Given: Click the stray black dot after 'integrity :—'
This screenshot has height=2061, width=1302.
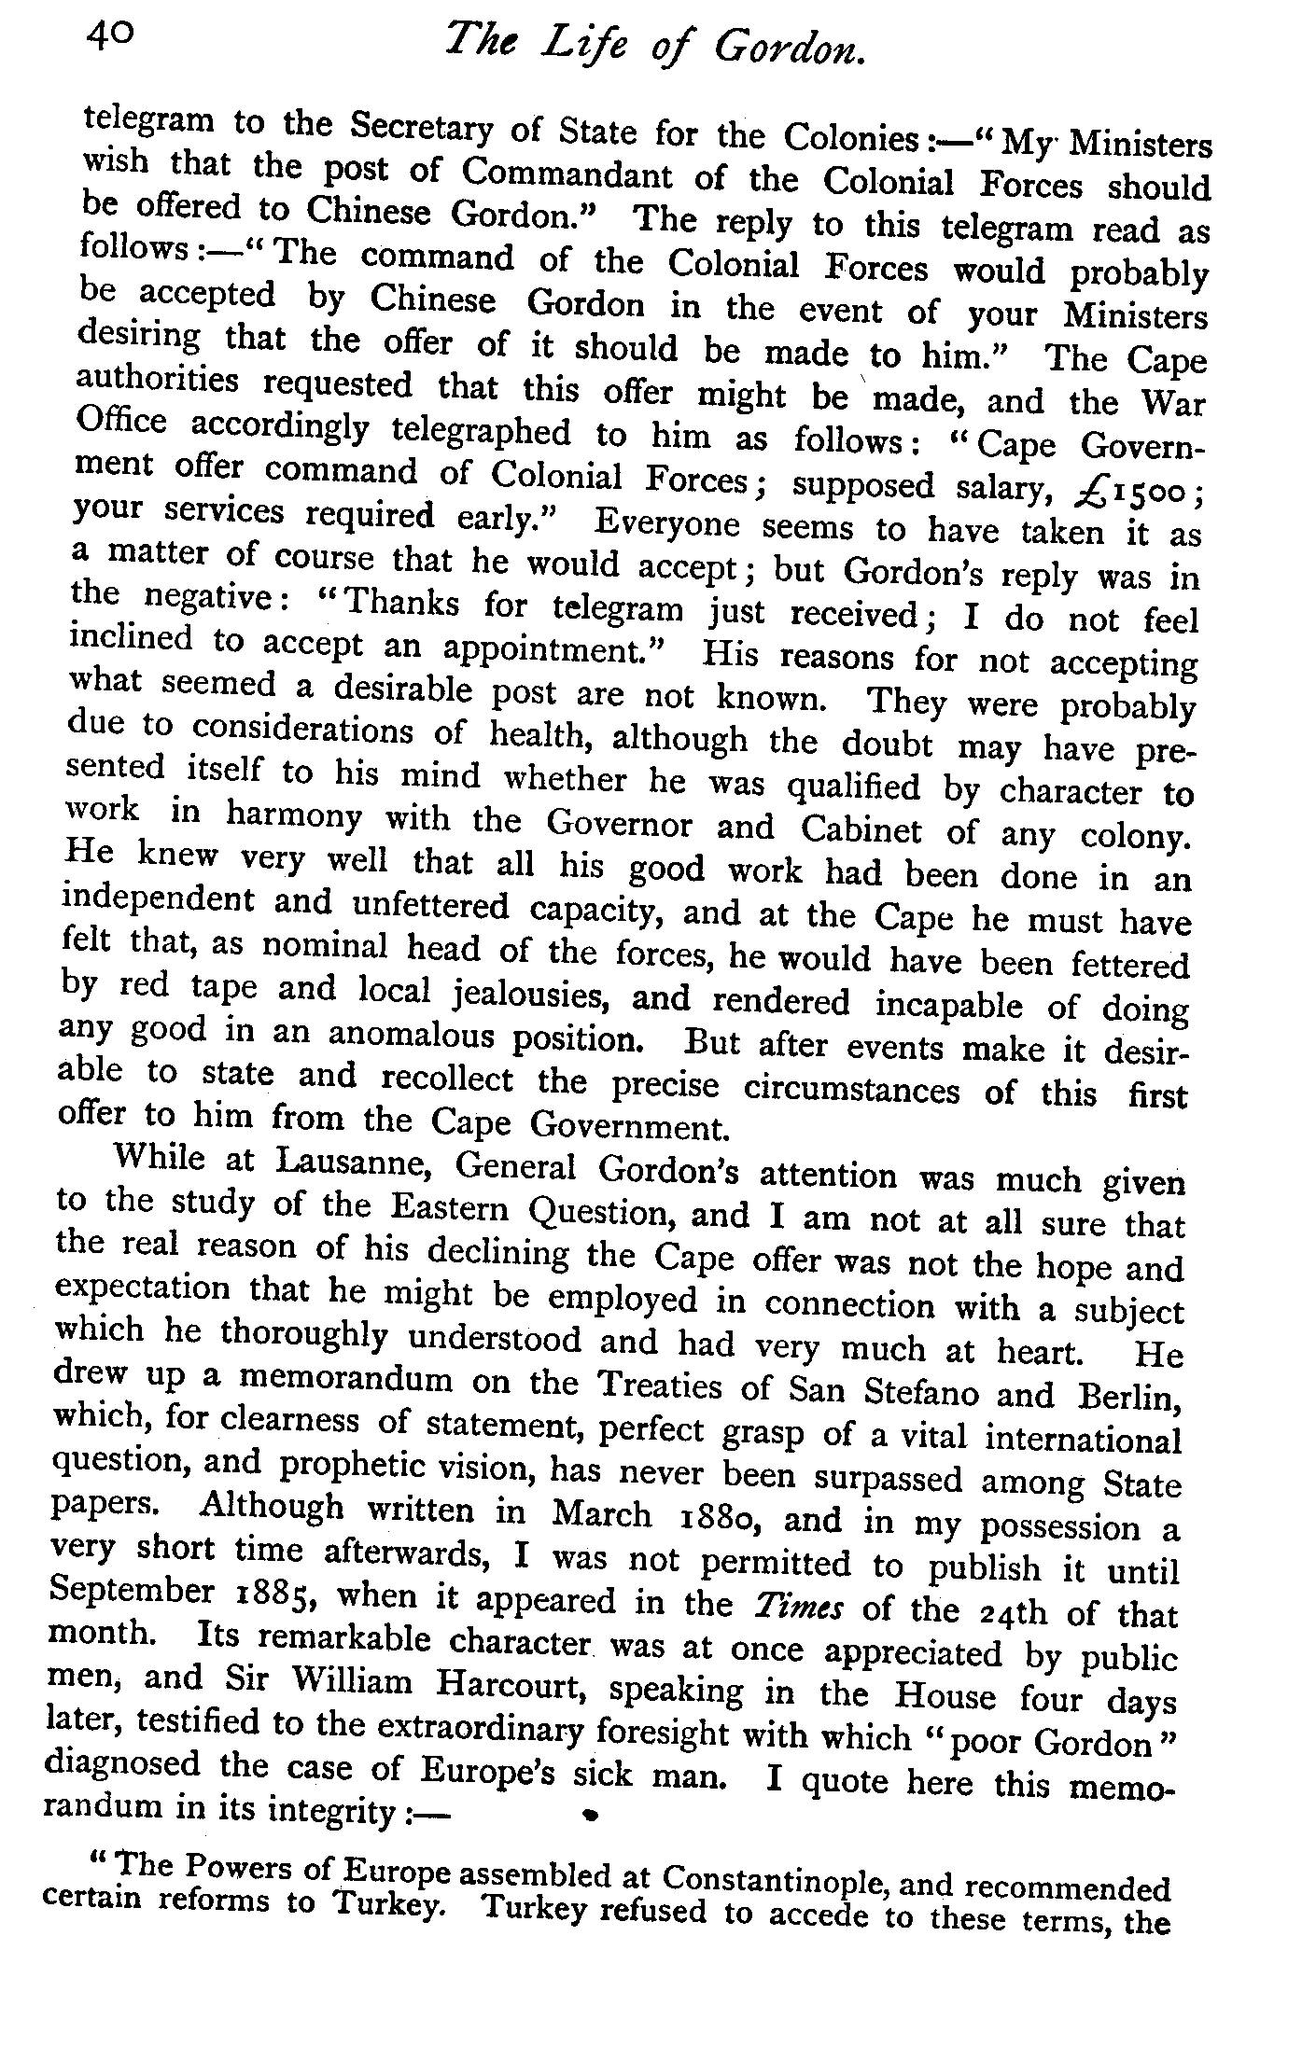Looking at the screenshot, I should pyautogui.click(x=589, y=1814).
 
